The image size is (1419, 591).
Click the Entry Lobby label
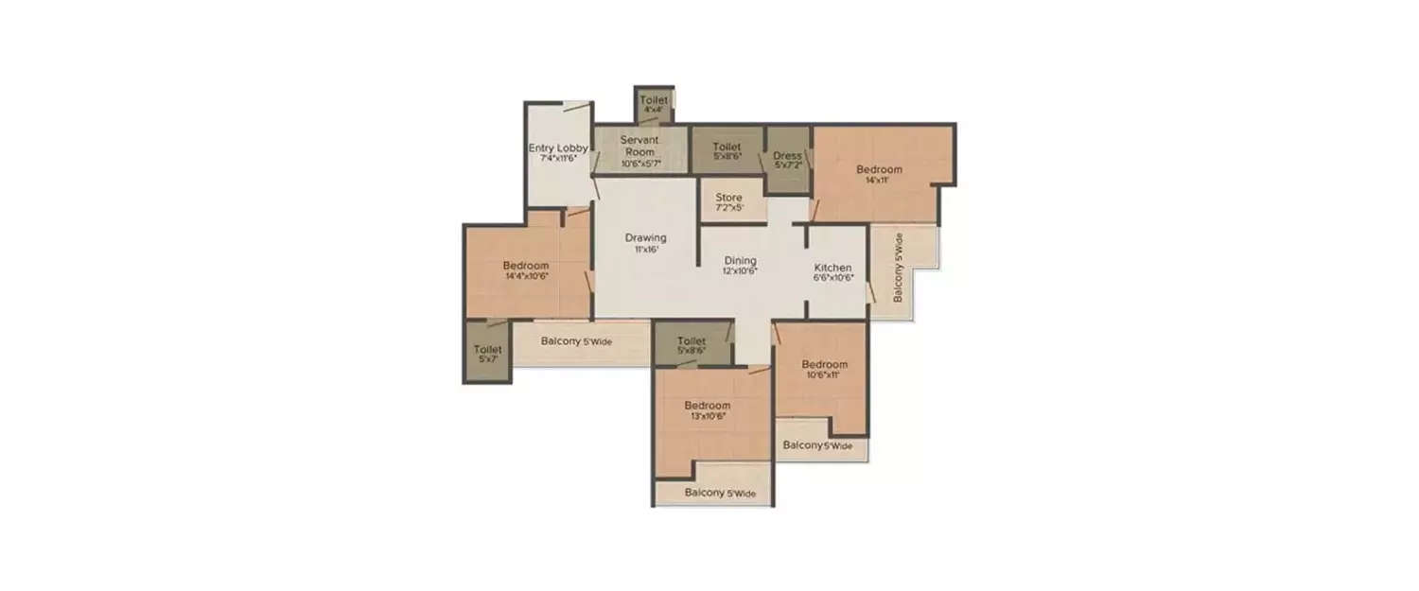[x=558, y=148]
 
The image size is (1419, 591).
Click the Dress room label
[x=787, y=156]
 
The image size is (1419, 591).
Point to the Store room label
[x=728, y=198]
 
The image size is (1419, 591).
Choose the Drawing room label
[x=646, y=237]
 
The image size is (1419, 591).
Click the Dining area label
[x=741, y=260]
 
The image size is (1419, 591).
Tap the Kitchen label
[x=833, y=268]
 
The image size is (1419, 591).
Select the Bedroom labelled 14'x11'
[x=879, y=170]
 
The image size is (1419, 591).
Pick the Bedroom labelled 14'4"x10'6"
[x=525, y=266]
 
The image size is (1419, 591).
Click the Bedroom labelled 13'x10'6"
[x=708, y=406]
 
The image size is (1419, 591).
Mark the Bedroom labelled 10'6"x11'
[x=824, y=365]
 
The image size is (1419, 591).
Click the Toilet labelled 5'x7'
[x=487, y=350]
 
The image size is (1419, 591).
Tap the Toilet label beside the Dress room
[x=727, y=148]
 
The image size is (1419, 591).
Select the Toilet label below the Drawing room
[x=692, y=341]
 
